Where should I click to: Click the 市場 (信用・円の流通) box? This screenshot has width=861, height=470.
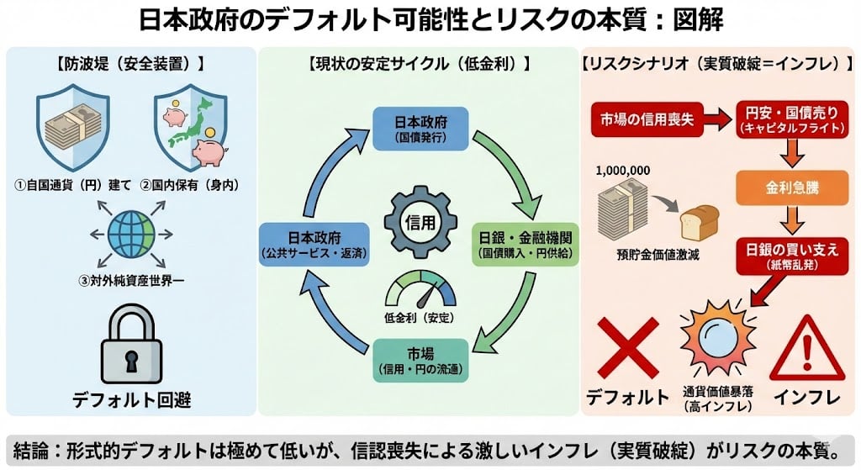click(x=420, y=357)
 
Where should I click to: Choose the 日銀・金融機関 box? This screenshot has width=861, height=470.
click(x=525, y=245)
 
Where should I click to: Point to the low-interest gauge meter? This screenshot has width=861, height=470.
click(x=420, y=294)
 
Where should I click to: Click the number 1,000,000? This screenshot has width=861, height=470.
click(x=622, y=170)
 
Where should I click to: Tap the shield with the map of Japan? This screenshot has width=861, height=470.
click(x=192, y=130)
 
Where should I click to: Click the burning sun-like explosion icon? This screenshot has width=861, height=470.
click(x=716, y=346)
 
